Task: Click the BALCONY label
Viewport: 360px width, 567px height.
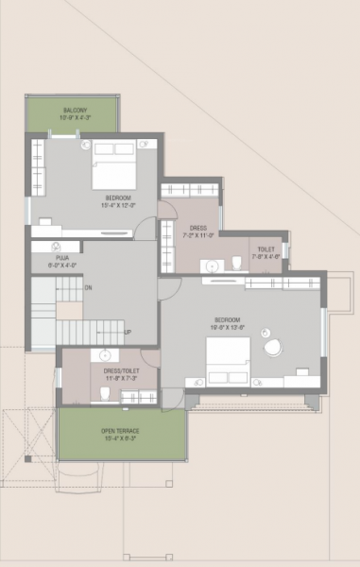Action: click(x=76, y=111)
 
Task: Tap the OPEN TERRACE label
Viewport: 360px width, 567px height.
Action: click(x=120, y=431)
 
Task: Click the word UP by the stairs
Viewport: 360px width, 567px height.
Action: click(x=128, y=332)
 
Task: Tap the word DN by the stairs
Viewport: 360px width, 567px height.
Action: click(x=88, y=287)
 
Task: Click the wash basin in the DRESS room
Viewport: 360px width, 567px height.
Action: click(x=212, y=266)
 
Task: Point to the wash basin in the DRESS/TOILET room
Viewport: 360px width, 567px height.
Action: click(x=106, y=355)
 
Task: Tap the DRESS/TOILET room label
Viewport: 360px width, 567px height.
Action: click(x=120, y=371)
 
